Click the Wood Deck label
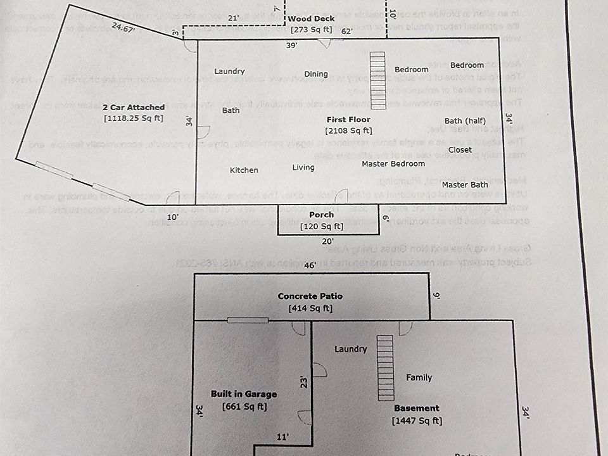pyautogui.click(x=311, y=19)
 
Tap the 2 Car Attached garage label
pyautogui.click(x=134, y=107)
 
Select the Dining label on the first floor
pyautogui.click(x=316, y=74)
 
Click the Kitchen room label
pyautogui.click(x=244, y=170)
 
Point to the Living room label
pyautogui.click(x=303, y=167)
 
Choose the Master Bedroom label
pyautogui.click(x=393, y=164)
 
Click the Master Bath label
pyautogui.click(x=465, y=185)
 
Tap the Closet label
pyautogui.click(x=460, y=150)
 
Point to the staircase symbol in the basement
pyautogui.click(x=385, y=368)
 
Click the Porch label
pyautogui.click(x=322, y=215)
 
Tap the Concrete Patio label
pyautogui.click(x=310, y=296)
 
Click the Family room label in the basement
pyautogui.click(x=419, y=377)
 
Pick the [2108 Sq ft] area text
pyautogui.click(x=348, y=130)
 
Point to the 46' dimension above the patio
pyautogui.click(x=310, y=265)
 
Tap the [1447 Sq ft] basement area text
pyautogui.click(x=417, y=421)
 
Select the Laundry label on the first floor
pyautogui.click(x=229, y=72)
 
